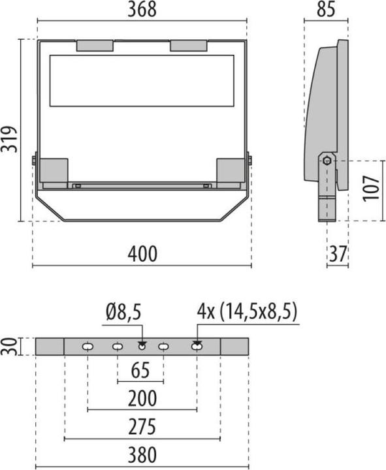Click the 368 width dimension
coord(141,10)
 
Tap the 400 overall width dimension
coord(142,254)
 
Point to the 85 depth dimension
coord(327,10)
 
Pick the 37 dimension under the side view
coord(338,254)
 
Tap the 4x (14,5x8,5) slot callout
coord(247,313)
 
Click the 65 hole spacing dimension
coord(140,370)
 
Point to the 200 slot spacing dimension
coord(142,398)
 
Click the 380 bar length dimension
coord(142,454)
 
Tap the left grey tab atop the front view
coord(95,46)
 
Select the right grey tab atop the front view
coord(189,46)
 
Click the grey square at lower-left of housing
coord(54,170)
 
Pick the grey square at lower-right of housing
coord(230,170)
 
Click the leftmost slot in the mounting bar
coord(87,347)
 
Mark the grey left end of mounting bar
coord(50,346)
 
